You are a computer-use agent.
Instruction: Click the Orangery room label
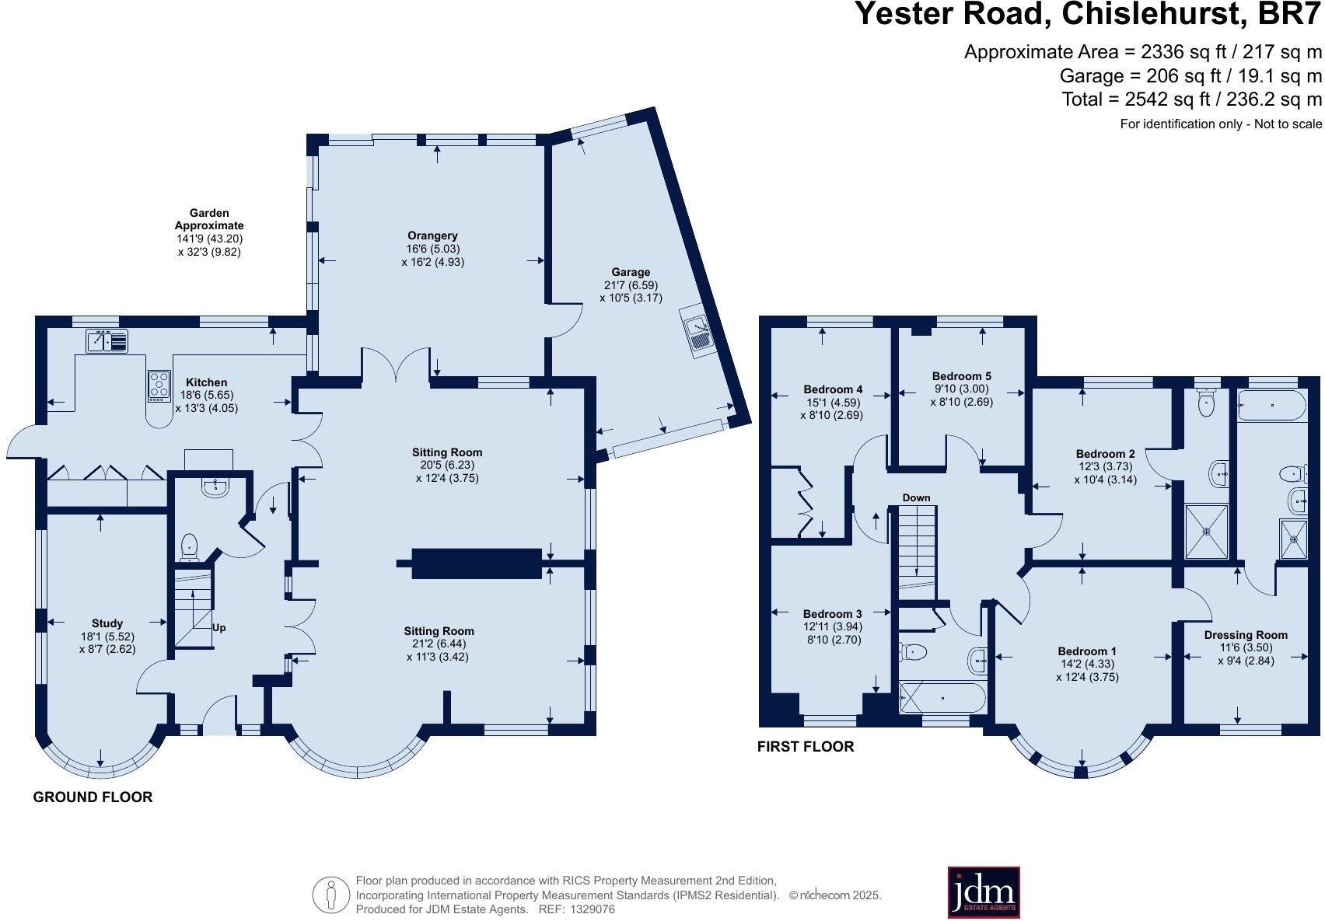pos(432,235)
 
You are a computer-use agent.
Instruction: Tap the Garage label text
pos(631,272)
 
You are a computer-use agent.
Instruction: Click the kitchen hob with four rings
pos(159,386)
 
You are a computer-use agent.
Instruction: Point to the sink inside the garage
pos(698,332)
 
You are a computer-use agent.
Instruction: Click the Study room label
pos(107,623)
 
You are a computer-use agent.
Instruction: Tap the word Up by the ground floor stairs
pos(219,628)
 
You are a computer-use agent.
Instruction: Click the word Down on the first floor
pos(916,497)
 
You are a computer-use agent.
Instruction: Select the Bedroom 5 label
pos(961,376)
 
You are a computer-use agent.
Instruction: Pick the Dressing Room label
pos(1246,635)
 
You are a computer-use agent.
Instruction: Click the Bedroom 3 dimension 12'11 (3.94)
pos(832,626)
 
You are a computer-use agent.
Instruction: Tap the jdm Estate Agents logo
pos(984,892)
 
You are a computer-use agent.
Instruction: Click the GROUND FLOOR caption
pos(93,797)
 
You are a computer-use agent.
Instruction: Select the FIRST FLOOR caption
pos(806,747)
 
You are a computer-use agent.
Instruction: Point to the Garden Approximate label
pos(209,218)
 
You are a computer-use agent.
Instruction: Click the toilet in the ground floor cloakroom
pos(189,547)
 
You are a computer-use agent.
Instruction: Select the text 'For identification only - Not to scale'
pos(1221,124)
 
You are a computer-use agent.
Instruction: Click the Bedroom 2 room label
pos(1105,454)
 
